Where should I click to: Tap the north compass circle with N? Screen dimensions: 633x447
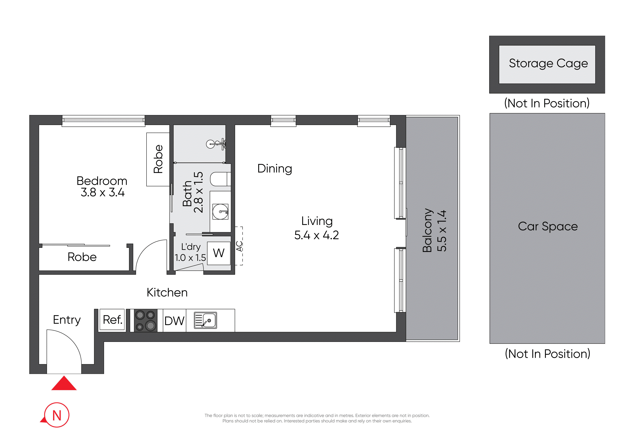57,415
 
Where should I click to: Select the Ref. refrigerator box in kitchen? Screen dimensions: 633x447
112,320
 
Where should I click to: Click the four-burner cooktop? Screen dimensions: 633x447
146,320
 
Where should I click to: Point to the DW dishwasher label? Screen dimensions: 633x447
174,321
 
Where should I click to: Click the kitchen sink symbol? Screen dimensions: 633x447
205,320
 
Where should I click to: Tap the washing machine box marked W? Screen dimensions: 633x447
219,253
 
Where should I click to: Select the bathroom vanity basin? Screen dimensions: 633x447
220,212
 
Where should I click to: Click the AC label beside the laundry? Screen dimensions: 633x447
239,246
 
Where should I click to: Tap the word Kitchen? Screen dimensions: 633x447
167,293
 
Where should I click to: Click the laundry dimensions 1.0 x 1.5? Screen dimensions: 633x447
190,258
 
